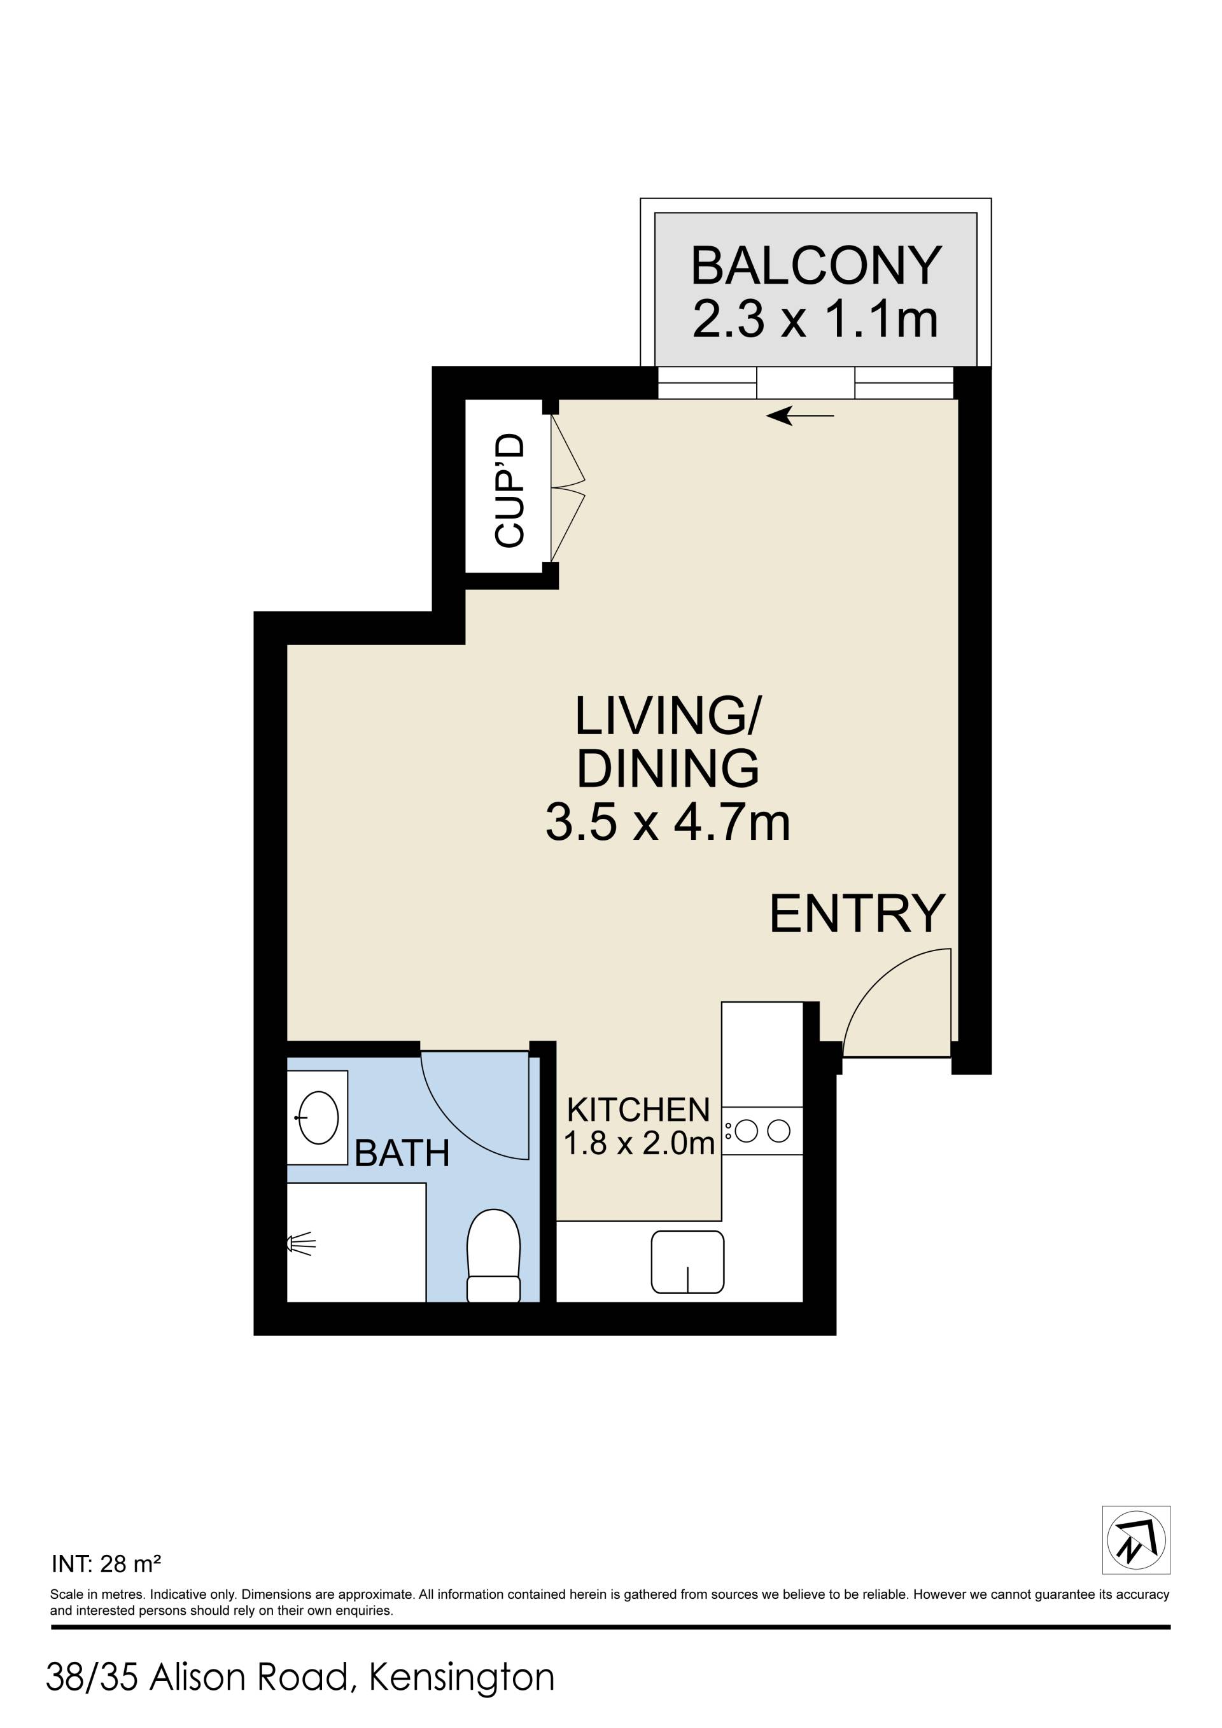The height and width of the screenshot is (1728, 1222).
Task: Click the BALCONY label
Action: [816, 266]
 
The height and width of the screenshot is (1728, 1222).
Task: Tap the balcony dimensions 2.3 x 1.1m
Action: [815, 319]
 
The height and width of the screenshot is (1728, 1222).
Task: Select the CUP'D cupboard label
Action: [510, 490]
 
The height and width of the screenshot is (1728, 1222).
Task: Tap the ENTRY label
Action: [857, 914]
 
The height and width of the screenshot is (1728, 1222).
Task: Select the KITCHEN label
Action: [638, 1110]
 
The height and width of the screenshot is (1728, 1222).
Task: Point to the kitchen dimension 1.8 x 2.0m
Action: [638, 1144]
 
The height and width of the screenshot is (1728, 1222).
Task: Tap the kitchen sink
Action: [687, 1262]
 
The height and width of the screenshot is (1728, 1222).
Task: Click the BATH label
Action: [402, 1153]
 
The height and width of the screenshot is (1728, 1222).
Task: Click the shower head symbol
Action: [300, 1244]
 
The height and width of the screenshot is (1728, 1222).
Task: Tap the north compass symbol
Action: [1136, 1540]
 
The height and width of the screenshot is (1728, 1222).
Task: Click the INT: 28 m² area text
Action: [106, 1564]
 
